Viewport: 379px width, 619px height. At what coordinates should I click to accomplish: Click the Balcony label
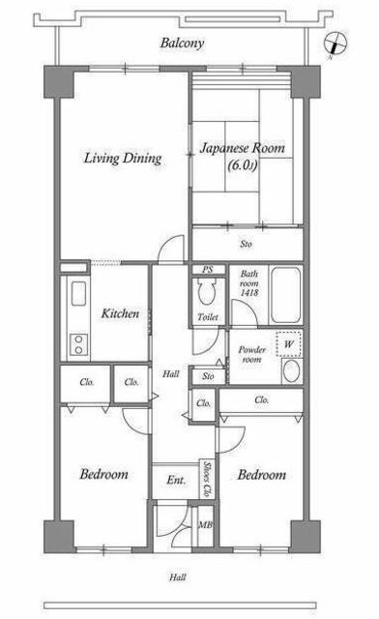click(182, 43)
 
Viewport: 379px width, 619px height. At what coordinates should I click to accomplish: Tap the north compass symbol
click(335, 44)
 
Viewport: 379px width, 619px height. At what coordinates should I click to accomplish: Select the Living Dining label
click(123, 159)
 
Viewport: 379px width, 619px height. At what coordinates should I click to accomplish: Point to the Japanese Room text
click(243, 148)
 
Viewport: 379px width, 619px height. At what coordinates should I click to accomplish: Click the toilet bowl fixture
click(207, 291)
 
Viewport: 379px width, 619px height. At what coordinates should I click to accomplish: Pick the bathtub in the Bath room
click(286, 295)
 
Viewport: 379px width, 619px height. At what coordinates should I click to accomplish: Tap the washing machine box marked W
click(289, 344)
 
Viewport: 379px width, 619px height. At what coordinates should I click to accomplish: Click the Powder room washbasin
click(292, 371)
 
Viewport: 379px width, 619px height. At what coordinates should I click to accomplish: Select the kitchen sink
click(78, 293)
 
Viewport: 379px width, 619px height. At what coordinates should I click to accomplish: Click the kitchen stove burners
click(78, 344)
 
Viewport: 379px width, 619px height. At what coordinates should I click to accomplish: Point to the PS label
click(208, 270)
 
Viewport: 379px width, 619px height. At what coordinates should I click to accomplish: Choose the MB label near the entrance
click(205, 525)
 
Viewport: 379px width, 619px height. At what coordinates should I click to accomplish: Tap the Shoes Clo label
click(206, 479)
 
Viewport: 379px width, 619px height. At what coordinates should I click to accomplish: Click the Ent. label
click(176, 480)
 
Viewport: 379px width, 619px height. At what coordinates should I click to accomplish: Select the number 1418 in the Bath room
click(249, 292)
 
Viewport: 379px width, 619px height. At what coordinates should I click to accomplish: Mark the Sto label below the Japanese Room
click(246, 244)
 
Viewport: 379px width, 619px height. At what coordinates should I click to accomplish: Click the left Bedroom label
click(103, 474)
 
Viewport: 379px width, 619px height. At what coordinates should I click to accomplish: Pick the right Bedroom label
click(262, 475)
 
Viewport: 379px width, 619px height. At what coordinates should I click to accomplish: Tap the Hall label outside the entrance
click(178, 577)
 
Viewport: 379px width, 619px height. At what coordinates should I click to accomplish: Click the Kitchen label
click(120, 313)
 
